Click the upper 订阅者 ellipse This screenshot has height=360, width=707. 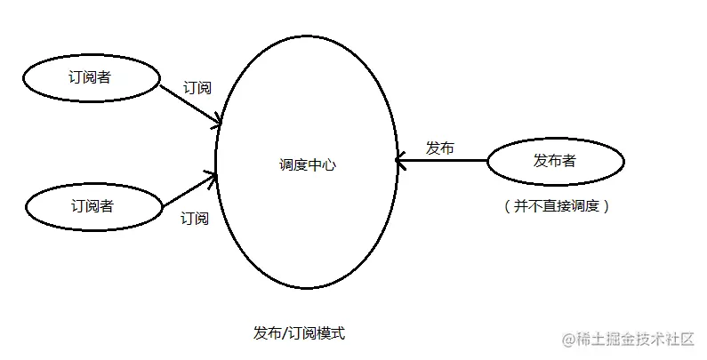coord(89,78)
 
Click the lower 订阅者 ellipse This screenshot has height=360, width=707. coord(92,206)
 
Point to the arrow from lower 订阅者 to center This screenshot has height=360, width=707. coord(189,190)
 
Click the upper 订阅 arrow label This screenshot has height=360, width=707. coord(197,88)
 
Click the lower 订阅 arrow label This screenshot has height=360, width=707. coord(195,218)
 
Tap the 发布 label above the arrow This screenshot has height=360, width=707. coord(439,148)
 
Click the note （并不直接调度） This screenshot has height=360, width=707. coord(556,205)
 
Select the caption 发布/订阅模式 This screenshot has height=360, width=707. coord(299,333)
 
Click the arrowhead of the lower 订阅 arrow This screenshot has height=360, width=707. coord(213,177)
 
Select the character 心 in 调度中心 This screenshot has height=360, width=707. coord(330,165)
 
